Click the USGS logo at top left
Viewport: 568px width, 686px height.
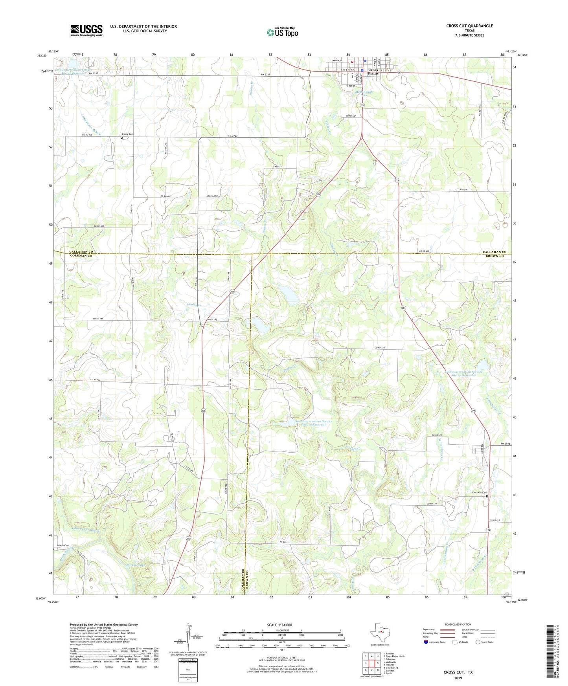click(86, 30)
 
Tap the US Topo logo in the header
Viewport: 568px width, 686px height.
click(282, 32)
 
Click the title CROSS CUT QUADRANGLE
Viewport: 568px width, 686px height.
click(469, 26)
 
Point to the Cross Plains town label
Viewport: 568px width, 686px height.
click(373, 72)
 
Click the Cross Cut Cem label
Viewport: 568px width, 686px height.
click(480, 493)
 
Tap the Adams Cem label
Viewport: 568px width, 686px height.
click(63, 545)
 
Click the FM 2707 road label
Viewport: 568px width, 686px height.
click(233, 136)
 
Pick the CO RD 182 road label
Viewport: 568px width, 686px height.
click(96, 380)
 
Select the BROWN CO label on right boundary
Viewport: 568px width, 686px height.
click(494, 256)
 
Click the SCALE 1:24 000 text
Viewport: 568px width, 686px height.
click(279, 625)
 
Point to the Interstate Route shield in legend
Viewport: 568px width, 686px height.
click(426, 642)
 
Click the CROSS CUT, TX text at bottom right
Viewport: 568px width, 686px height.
click(458, 672)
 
